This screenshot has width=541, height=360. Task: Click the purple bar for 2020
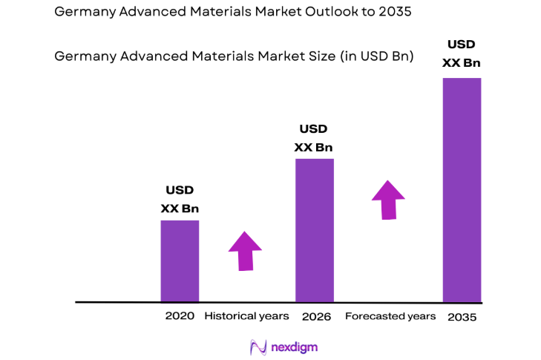pos(180,261)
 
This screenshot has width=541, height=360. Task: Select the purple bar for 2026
pos(315,230)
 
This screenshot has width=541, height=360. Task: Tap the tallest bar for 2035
pos(462,190)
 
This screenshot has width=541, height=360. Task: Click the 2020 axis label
pos(180,316)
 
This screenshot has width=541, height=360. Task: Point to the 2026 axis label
pos(316,316)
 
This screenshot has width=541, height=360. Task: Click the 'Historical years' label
pos(246,316)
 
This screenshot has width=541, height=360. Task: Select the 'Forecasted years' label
pos(390,316)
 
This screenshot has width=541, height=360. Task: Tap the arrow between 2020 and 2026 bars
pos(245,250)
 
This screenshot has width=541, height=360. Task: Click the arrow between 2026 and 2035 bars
pos(388,199)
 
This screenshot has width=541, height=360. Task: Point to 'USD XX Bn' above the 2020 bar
pos(180,200)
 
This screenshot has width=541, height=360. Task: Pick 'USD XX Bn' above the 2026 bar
pos(313,138)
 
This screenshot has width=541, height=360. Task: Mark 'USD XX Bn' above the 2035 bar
pos(461,54)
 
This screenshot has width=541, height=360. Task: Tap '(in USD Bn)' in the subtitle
pos(377,56)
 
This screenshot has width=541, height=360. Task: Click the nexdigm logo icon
pos(258,347)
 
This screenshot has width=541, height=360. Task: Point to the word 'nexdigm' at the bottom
pos(295,347)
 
